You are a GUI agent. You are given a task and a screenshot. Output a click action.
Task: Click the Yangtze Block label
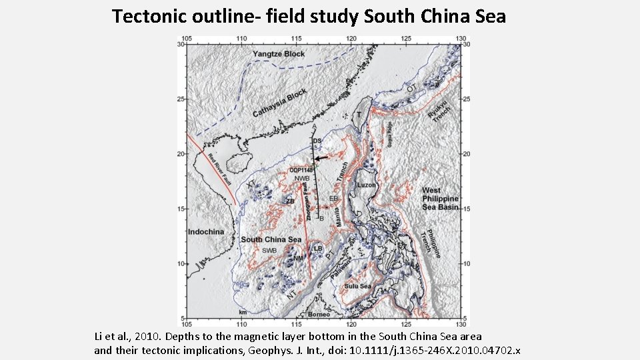[x=279, y=54]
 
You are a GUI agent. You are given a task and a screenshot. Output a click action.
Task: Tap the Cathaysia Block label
[x=279, y=103]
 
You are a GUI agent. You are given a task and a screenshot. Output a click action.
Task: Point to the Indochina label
[x=206, y=232]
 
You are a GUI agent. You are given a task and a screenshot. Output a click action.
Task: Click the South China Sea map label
[x=271, y=240]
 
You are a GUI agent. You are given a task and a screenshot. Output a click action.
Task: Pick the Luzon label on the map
[x=367, y=185]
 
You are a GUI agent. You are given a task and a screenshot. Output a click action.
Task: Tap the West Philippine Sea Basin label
[x=440, y=199]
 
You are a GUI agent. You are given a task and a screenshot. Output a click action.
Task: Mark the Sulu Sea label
[x=357, y=286]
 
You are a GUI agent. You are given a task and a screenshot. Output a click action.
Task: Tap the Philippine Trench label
[x=431, y=243]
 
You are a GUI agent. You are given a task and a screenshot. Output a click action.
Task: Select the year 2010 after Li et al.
[x=156, y=337]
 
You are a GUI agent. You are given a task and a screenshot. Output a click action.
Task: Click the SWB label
[x=269, y=250]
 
